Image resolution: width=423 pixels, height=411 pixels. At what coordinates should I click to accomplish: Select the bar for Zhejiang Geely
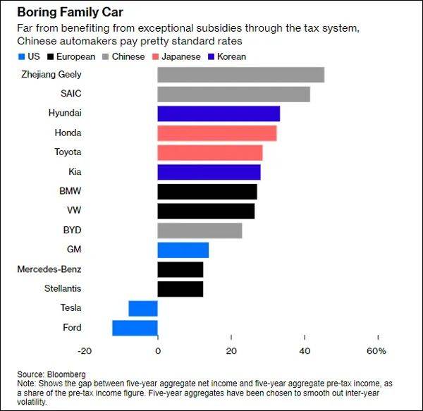pyautogui.click(x=240, y=75)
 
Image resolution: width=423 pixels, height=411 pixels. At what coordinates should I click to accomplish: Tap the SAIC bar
pyautogui.click(x=233, y=94)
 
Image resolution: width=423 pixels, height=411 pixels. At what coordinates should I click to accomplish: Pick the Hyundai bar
pyautogui.click(x=219, y=114)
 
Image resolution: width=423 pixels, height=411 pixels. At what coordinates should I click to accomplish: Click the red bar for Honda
pyautogui.click(x=216, y=133)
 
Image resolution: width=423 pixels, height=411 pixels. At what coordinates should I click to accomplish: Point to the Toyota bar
pyautogui.click(x=209, y=152)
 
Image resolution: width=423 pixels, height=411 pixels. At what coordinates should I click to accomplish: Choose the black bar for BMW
pyautogui.click(x=207, y=192)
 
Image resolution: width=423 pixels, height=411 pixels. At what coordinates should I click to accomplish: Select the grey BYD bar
pyautogui.click(x=200, y=231)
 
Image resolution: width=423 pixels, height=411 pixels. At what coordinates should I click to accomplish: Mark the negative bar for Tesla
pyautogui.click(x=143, y=308)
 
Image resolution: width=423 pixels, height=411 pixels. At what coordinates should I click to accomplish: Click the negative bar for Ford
pyautogui.click(x=135, y=328)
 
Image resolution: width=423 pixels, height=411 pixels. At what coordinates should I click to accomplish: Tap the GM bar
pyautogui.click(x=183, y=250)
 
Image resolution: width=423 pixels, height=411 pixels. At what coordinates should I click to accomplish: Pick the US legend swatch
pyautogui.click(x=21, y=56)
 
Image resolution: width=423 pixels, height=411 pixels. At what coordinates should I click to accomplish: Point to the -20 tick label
pyautogui.click(x=84, y=351)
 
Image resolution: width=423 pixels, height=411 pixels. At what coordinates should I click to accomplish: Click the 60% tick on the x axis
pyautogui.click(x=376, y=351)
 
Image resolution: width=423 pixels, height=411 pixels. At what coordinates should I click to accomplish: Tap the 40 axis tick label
pyautogui.click(x=304, y=351)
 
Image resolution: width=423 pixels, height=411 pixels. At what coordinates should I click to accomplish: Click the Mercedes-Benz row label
pyautogui.click(x=50, y=269)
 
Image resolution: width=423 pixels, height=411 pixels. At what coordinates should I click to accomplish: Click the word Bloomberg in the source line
pyautogui.click(x=68, y=374)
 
